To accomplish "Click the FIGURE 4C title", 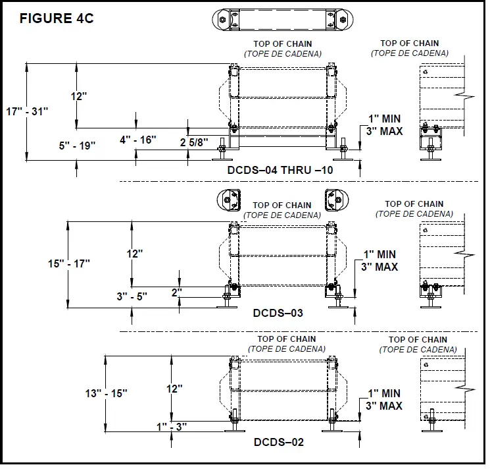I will click(x=57, y=18).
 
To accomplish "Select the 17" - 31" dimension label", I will click(x=27, y=111).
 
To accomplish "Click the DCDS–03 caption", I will click(x=278, y=313).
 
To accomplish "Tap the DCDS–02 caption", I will click(x=279, y=442).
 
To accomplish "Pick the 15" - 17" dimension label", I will click(x=68, y=263).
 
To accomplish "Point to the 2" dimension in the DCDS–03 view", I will click(x=177, y=291).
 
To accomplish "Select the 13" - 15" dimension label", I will click(x=106, y=393).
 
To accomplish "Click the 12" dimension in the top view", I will click(x=79, y=96).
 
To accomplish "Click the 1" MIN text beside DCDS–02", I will click(x=385, y=393).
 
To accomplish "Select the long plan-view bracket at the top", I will click(x=282, y=19).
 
